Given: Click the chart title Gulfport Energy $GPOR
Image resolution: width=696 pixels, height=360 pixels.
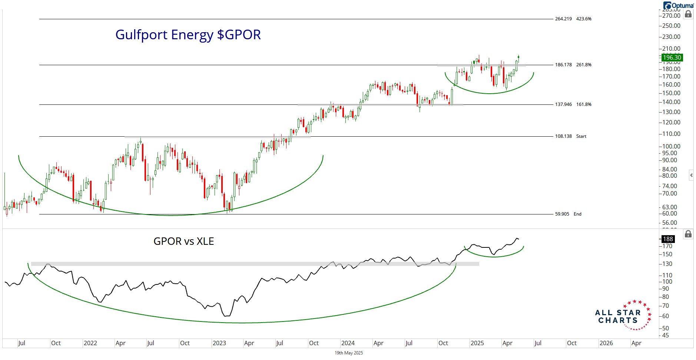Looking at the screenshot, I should point(188,35).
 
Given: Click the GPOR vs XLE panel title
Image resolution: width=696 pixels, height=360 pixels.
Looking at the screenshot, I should point(183,241).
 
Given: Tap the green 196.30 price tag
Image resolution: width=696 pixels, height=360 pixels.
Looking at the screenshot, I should point(672,57).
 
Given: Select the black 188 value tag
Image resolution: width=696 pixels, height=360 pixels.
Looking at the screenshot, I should point(668,239).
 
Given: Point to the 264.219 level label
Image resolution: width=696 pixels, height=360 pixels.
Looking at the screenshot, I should point(563,19).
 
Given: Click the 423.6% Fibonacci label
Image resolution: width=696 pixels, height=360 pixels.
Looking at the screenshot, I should point(584,19).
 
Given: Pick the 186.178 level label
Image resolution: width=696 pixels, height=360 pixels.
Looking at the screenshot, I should point(563,65).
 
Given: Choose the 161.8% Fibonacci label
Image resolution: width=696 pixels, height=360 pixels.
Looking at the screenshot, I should point(584,104).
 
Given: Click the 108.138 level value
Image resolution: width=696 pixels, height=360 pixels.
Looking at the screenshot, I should point(563,136).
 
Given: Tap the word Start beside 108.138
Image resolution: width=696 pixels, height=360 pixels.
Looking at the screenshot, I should point(581,136).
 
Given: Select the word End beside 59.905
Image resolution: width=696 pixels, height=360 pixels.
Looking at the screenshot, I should point(577,214).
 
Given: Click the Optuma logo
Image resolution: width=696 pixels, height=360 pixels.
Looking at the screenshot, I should point(678,6).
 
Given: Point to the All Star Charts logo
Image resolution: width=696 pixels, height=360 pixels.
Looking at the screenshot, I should point(623,316).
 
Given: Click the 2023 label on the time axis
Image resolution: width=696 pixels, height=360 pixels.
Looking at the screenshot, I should point(219,343).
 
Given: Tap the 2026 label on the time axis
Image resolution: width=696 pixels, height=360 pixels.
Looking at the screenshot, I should point(606,343).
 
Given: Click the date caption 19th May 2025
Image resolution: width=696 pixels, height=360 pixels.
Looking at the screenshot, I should point(349,353).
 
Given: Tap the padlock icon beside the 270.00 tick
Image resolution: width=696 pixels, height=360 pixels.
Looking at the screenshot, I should point(688,14).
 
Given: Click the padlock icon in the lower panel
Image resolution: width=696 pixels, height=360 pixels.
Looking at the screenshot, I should point(688,234).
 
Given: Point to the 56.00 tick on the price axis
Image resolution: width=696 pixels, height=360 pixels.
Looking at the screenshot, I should point(670,223).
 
